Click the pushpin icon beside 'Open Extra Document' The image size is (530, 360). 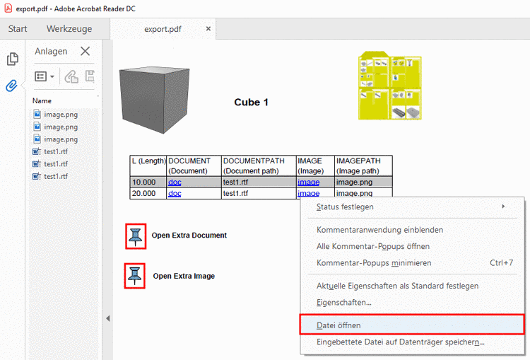[x=136, y=236]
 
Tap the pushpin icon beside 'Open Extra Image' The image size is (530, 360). [x=135, y=276]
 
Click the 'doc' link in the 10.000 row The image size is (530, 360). [x=175, y=182]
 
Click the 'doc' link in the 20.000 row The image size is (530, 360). [x=175, y=194]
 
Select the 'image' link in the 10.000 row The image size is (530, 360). [x=308, y=182]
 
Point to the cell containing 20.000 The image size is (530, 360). [x=148, y=193]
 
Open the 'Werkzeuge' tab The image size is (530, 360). [x=69, y=29]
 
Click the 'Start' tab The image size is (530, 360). [x=18, y=29]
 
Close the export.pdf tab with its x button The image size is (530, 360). [x=208, y=29]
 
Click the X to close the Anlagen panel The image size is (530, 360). [x=86, y=51]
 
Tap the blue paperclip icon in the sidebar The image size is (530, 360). [x=12, y=86]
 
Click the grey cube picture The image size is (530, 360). [x=155, y=100]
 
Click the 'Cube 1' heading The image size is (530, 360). [x=251, y=102]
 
